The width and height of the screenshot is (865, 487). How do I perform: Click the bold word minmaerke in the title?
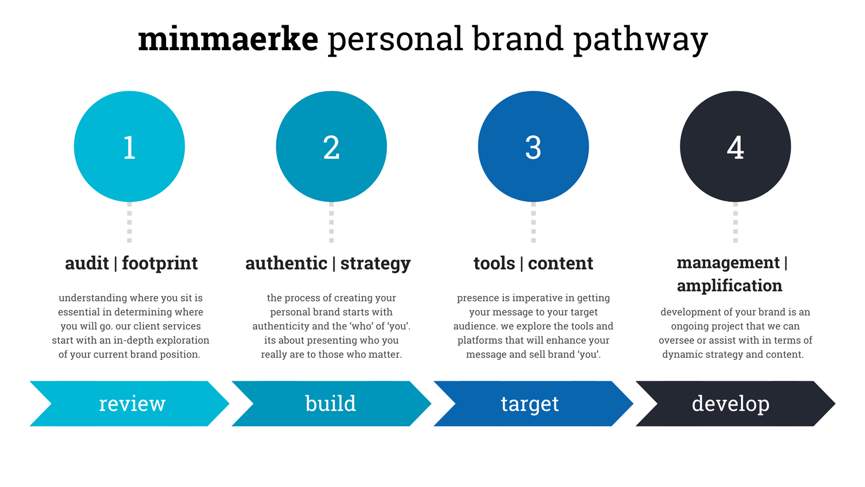228,39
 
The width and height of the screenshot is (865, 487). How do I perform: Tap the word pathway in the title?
641,40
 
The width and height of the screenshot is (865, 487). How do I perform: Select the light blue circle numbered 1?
129,147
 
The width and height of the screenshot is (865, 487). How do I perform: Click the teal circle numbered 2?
332,147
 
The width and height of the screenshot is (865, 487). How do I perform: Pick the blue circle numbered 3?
533,147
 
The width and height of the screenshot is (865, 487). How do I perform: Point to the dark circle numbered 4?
735,147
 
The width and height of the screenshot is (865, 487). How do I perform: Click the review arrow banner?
129,403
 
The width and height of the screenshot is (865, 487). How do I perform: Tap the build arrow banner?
332,403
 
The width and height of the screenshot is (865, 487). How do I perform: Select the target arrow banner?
533,403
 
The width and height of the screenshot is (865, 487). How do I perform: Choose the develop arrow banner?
735,403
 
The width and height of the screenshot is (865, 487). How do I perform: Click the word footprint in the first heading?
160,264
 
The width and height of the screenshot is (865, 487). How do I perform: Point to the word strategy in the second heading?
375,264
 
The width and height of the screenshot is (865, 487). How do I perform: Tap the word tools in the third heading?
494,263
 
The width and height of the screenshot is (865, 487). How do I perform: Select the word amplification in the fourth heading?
729,286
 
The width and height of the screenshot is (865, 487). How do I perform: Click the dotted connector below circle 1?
129,222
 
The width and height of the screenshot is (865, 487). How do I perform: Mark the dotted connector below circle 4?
735,222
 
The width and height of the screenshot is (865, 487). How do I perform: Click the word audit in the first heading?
87,263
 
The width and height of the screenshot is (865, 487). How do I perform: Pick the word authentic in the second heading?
286,263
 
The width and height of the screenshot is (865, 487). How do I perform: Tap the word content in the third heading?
561,264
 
